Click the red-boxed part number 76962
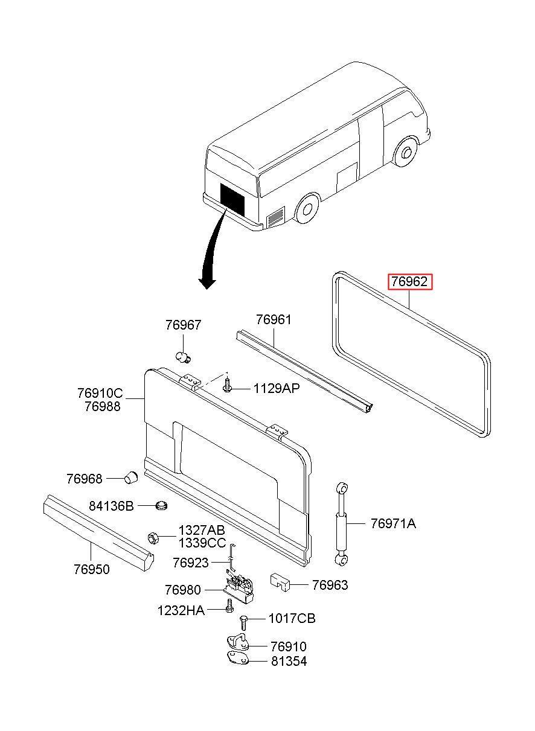point(409,281)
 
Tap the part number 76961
point(274,319)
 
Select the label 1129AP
point(277,389)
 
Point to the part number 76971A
point(393,523)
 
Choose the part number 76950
point(92,569)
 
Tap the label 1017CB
point(292,618)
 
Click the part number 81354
point(289,661)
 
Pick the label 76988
point(103,406)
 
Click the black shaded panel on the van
point(232,199)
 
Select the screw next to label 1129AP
point(226,384)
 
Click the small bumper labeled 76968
point(132,478)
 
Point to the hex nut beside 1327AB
point(153,537)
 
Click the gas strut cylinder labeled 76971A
point(341,524)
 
